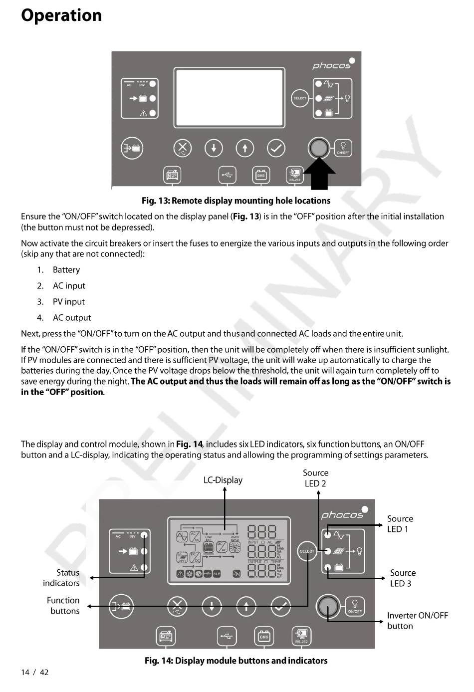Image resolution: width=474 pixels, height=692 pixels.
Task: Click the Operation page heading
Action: click(x=61, y=15)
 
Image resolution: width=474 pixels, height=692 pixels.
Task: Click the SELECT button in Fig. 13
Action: click(x=300, y=98)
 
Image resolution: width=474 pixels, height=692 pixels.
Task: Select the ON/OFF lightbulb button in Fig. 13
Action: click(x=343, y=147)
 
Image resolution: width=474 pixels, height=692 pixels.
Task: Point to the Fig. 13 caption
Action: click(x=236, y=201)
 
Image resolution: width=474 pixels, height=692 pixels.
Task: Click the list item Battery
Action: click(x=66, y=270)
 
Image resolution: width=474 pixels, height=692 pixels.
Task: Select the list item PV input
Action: click(x=68, y=302)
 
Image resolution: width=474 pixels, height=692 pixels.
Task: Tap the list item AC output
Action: click(x=72, y=318)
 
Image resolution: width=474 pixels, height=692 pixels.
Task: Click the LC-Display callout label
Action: click(x=223, y=480)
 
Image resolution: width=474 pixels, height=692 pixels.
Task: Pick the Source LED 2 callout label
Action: click(x=315, y=478)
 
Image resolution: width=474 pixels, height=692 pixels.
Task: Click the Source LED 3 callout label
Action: click(x=403, y=578)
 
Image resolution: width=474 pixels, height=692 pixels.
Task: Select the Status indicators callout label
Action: click(x=61, y=578)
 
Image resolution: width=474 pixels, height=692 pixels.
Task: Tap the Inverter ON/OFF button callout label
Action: click(x=417, y=621)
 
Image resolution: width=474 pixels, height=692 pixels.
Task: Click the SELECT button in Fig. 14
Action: click(x=307, y=551)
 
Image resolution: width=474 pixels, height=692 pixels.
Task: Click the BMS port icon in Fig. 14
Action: click(x=264, y=636)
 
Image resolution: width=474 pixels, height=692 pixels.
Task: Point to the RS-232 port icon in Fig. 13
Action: click(x=294, y=175)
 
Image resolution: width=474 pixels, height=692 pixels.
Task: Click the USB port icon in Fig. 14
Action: click(x=227, y=636)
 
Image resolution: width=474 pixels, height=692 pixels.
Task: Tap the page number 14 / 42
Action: click(x=35, y=672)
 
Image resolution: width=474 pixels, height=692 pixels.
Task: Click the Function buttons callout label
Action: click(x=63, y=606)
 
